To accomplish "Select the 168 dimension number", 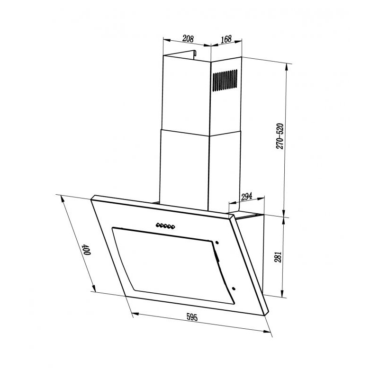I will click(x=226, y=39).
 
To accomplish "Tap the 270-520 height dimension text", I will click(x=280, y=136).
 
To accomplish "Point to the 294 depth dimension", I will click(x=246, y=197).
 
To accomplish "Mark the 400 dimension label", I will click(x=86, y=249).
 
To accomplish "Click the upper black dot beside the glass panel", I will click(x=217, y=243).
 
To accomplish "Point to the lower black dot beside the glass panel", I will click(x=234, y=287).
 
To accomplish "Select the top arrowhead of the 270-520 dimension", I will click(x=287, y=65).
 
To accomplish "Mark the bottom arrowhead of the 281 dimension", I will click(x=283, y=294).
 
